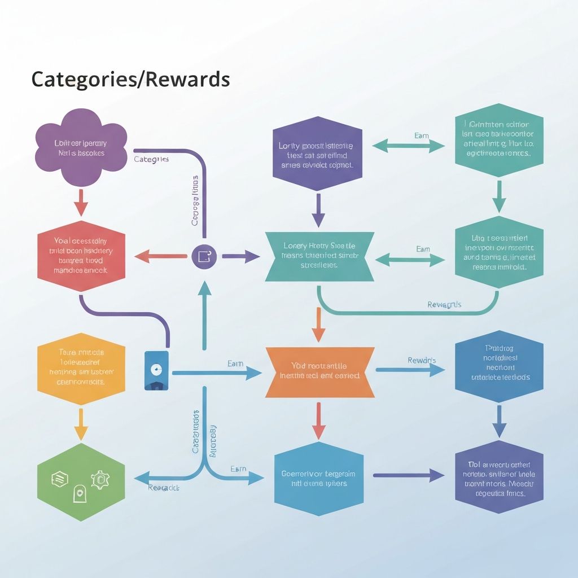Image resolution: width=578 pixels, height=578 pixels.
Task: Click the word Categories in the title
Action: [78, 80]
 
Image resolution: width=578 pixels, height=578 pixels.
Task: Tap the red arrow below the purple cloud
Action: [81, 202]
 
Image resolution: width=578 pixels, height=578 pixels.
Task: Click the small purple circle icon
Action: [204, 257]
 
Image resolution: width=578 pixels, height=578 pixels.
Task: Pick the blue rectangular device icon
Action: [156, 370]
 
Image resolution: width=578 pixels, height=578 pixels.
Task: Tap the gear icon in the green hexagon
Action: [100, 480]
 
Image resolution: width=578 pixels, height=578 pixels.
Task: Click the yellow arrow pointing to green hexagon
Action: [81, 423]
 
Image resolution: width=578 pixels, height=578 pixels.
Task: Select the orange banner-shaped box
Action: [319, 371]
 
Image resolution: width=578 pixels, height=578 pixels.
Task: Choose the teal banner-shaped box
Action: [319, 257]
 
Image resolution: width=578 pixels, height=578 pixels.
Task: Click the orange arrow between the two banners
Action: [319, 325]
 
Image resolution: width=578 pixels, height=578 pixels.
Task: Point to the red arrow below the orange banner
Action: [319, 421]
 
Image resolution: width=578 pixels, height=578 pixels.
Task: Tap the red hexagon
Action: [81, 257]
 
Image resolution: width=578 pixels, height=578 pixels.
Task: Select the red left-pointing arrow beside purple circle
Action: [161, 257]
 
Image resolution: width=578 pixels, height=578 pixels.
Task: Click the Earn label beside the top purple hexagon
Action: [421, 136]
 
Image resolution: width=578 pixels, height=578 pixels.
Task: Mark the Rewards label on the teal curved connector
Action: [444, 305]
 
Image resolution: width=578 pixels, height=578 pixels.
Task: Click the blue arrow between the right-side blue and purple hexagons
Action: [499, 421]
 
